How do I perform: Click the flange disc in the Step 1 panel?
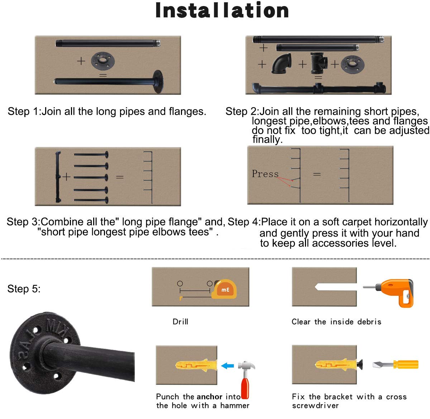click(x=103, y=60)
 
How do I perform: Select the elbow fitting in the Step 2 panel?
click(x=281, y=63)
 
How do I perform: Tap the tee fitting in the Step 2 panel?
click(x=319, y=63)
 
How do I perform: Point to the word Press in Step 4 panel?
click(x=265, y=173)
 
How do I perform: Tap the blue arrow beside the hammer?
click(x=228, y=366)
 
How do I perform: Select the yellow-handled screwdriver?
click(x=395, y=365)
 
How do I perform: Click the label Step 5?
click(x=24, y=289)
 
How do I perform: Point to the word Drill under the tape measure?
click(x=180, y=322)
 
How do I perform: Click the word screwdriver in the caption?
click(x=315, y=405)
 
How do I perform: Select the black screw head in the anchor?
click(x=360, y=365)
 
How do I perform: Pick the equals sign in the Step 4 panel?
click(x=317, y=174)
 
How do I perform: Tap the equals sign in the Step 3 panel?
click(x=120, y=177)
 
